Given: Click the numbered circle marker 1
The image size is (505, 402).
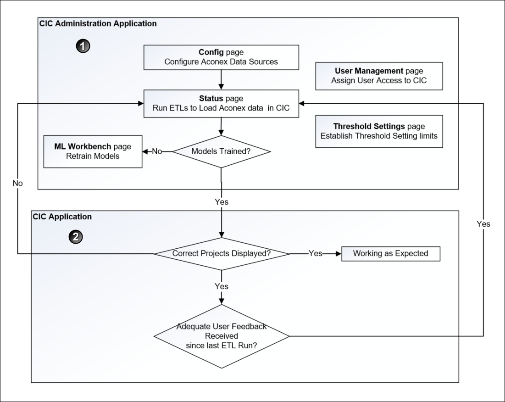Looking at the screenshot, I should pyautogui.click(x=83, y=46).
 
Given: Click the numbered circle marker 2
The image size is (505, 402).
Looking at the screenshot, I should pyautogui.click(x=76, y=237).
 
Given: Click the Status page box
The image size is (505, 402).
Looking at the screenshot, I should pyautogui.click(x=222, y=103).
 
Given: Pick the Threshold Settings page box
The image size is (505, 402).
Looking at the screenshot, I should pyautogui.click(x=379, y=131).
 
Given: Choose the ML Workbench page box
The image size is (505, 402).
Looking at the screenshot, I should pyautogui.click(x=93, y=151).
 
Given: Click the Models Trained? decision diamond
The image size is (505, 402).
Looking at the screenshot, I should pyautogui.click(x=222, y=151).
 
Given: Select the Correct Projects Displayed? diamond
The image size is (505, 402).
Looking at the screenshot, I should pyautogui.click(x=222, y=253).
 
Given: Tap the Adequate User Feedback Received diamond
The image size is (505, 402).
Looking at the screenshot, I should pyautogui.click(x=222, y=336).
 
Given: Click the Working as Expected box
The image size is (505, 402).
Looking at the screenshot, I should pyautogui.click(x=390, y=253).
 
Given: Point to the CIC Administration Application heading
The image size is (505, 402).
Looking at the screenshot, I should pyautogui.click(x=98, y=23).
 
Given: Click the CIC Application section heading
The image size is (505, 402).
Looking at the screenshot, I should pyautogui.click(x=62, y=217).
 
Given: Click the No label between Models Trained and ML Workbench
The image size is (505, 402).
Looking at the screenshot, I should pyautogui.click(x=157, y=151).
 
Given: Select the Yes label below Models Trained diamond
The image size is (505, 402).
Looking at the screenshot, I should pyautogui.click(x=222, y=201).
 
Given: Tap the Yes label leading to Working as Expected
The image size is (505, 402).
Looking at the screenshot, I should pyautogui.click(x=316, y=253).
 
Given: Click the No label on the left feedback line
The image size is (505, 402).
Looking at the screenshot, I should pyautogui.click(x=17, y=183).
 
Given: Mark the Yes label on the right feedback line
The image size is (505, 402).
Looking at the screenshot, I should pyautogui.click(x=483, y=224).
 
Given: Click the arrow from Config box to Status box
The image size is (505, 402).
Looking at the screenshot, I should pyautogui.click(x=222, y=79).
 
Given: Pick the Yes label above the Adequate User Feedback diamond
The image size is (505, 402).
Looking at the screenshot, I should pyautogui.click(x=222, y=286).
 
